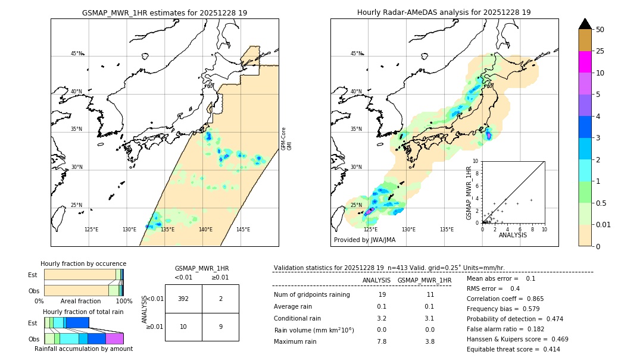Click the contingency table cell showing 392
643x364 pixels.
click(x=183, y=299)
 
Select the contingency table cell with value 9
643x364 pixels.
click(x=220, y=327)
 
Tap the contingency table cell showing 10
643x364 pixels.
click(x=183, y=327)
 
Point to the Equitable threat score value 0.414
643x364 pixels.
click(x=548, y=349)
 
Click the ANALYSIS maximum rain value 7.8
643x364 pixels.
click(x=382, y=341)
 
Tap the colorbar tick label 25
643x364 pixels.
click(x=600, y=51)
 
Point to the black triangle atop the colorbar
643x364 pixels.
click(x=585, y=23)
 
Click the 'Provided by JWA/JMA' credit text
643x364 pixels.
click(x=364, y=240)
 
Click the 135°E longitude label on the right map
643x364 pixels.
click(x=447, y=230)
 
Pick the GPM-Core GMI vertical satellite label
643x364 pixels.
click(x=286, y=139)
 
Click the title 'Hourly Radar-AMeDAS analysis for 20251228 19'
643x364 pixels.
click(x=444, y=12)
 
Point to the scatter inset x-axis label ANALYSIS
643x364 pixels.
click(x=512, y=235)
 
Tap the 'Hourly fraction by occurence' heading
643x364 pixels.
click(x=83, y=263)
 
